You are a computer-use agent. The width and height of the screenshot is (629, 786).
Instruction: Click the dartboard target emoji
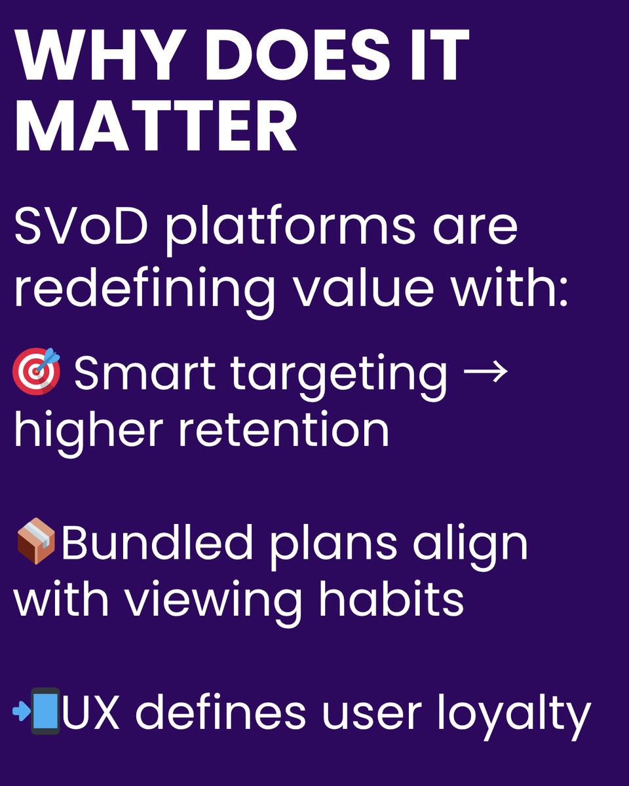pos(37,372)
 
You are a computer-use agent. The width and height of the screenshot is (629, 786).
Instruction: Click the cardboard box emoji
pos(36,540)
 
